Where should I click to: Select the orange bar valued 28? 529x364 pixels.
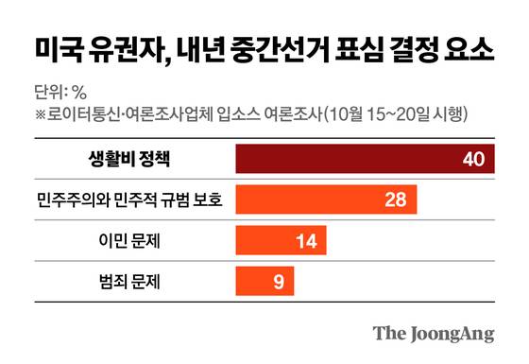(321, 199)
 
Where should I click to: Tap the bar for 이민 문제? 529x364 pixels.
(279, 240)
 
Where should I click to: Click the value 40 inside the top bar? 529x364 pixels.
(472, 158)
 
